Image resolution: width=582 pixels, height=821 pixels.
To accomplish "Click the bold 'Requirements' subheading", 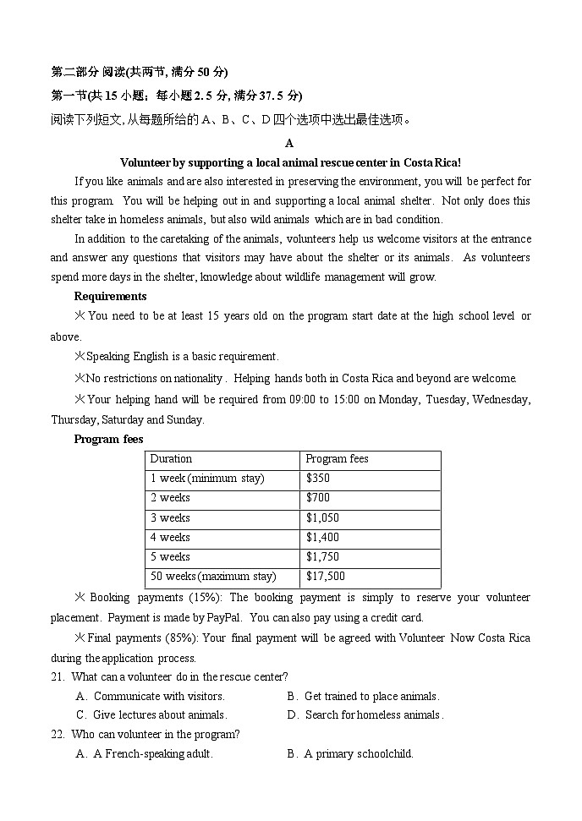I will click(110, 296).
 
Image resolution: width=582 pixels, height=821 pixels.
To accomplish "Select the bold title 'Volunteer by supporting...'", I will click(290, 162).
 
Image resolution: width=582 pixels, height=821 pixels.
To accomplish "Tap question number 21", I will click(58, 677).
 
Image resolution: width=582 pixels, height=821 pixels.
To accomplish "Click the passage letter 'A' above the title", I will click(289, 144).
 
